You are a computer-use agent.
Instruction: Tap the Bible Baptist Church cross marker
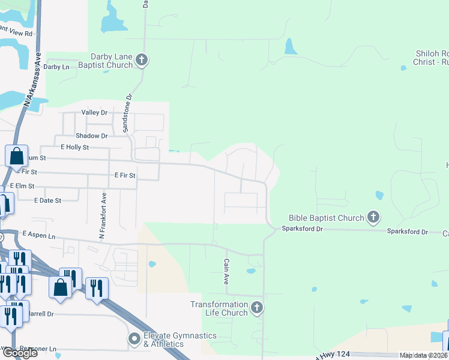(x=373, y=217)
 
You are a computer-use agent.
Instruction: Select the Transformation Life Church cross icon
(x=256, y=308)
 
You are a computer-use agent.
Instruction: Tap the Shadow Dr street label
(x=91, y=136)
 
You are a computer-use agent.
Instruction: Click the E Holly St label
(x=74, y=147)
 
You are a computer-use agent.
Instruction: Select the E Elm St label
(x=22, y=187)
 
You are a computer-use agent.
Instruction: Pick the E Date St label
(x=47, y=200)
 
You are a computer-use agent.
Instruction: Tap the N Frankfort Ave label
(x=103, y=214)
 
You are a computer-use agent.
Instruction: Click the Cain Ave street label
(x=227, y=268)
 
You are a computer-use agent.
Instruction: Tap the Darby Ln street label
(x=56, y=67)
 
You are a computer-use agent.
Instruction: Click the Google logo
(x=19, y=352)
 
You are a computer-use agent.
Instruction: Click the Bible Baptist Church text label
(x=326, y=218)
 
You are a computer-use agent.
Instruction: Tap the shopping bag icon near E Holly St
(x=17, y=156)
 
